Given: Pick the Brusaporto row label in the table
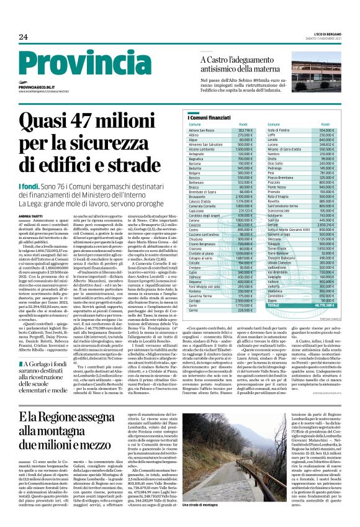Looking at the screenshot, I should [204, 196].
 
